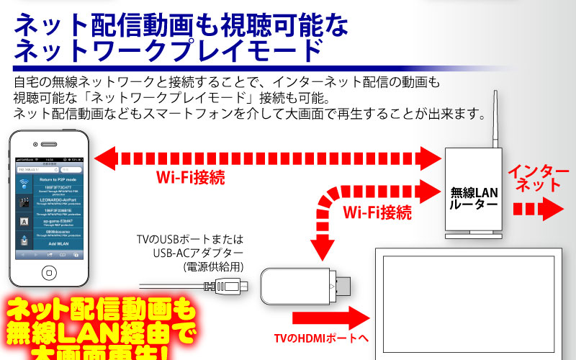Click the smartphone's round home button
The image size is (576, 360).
[49, 273]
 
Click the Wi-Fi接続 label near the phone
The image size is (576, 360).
[190, 177]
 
